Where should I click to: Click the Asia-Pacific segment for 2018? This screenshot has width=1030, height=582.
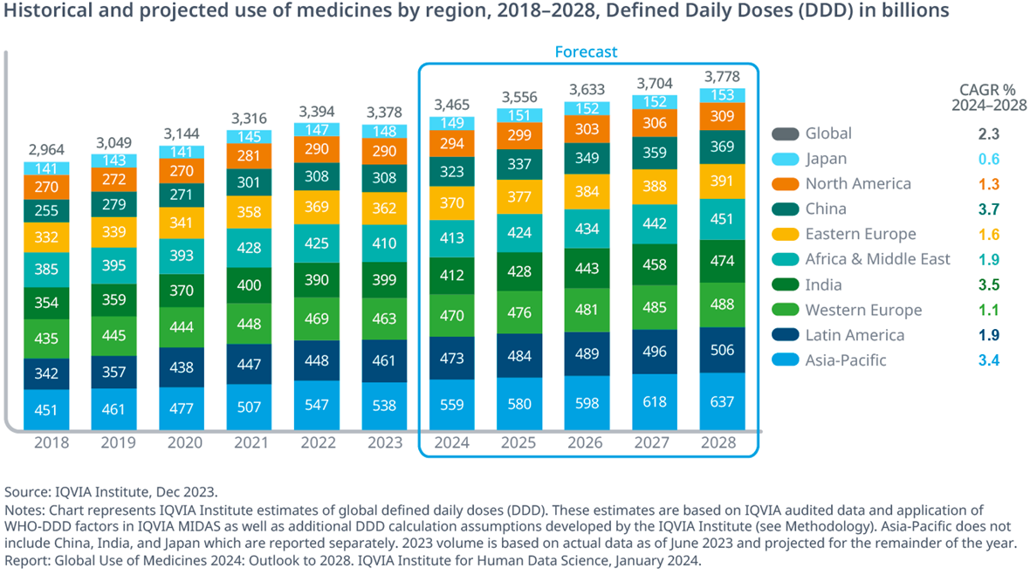46,410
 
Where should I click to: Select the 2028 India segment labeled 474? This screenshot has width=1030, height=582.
722,261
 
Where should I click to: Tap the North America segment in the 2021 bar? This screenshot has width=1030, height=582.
249,155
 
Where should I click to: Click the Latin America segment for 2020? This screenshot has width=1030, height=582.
182,368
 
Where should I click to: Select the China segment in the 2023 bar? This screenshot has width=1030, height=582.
384,177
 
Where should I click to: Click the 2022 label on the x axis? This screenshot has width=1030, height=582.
317,442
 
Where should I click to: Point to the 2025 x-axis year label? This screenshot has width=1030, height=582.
519,442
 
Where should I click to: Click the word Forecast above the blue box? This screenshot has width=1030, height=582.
586,52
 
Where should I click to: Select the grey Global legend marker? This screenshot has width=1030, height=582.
784,134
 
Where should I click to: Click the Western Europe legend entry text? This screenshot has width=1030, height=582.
863,310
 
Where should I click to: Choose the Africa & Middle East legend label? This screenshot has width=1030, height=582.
877,259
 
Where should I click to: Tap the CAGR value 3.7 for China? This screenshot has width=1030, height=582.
988,209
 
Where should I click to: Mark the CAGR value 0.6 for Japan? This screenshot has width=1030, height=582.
988,159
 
